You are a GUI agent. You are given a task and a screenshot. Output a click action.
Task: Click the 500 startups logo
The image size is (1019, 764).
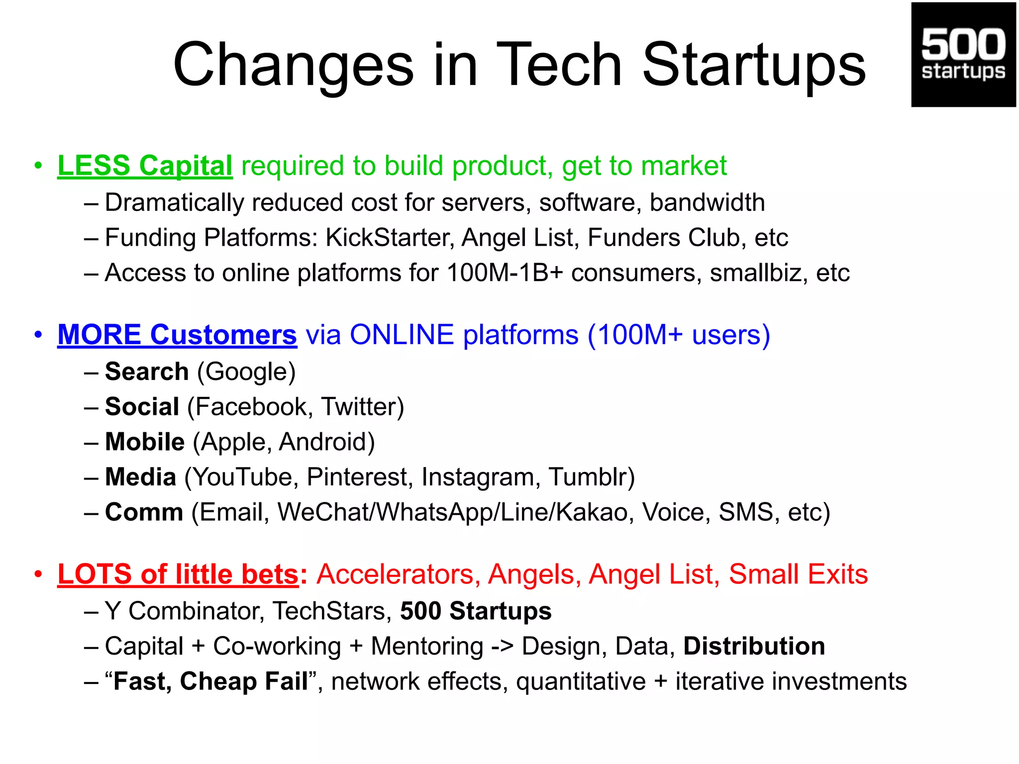coord(963,55)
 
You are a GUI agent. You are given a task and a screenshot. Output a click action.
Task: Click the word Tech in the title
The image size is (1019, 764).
coord(559,65)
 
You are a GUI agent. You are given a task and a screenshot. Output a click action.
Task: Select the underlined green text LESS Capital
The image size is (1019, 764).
coord(145,166)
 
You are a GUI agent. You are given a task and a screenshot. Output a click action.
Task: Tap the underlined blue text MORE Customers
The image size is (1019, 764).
coord(177,334)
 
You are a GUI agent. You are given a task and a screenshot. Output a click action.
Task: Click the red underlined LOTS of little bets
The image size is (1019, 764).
coord(179,574)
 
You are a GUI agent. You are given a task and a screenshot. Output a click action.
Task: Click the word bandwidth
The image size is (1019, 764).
coord(707,202)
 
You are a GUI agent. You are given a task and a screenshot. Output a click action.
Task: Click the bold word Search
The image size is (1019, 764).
coord(147,372)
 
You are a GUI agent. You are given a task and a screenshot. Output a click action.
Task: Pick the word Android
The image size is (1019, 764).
coord(326,442)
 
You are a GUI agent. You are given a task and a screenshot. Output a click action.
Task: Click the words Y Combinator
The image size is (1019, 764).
coord(184,611)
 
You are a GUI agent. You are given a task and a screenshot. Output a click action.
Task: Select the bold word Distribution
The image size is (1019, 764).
coord(754,646)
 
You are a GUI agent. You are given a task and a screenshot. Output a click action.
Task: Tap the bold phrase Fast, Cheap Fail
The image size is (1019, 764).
coord(210,681)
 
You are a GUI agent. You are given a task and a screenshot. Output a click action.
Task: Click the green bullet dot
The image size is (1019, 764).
coord(38,166)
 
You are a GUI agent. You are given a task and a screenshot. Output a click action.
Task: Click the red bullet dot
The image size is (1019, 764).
coord(38,574)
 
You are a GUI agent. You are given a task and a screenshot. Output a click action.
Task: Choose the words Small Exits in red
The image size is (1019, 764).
coord(798,574)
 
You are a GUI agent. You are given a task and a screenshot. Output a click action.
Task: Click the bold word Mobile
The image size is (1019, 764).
coord(145,442)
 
